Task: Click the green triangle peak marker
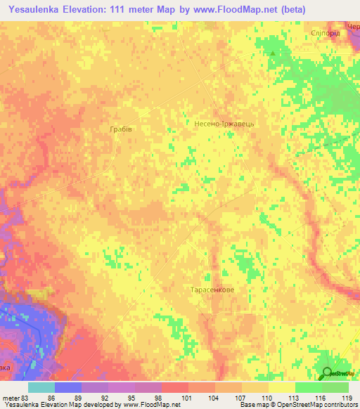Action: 274,53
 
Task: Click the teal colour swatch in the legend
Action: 41,387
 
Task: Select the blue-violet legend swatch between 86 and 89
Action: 68,387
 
